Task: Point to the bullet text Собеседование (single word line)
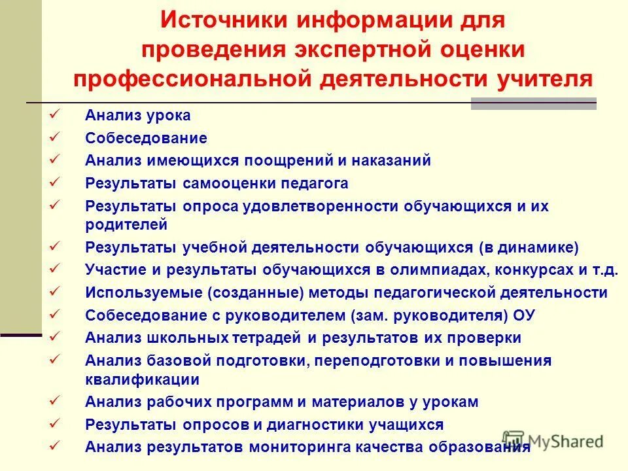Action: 146,138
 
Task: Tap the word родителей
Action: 126,224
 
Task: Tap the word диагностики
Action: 309,425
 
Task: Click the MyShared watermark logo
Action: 553,440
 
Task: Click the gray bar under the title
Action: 534,103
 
